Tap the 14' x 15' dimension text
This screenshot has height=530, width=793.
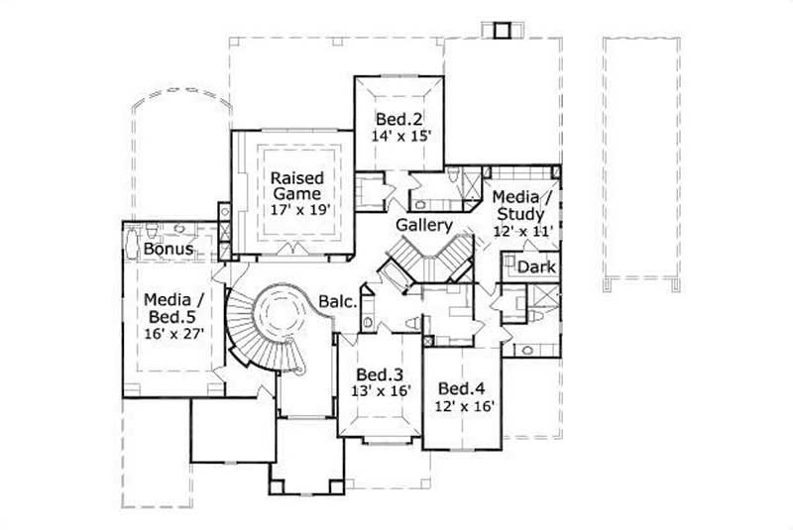tap(402, 137)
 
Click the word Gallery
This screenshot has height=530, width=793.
tap(424, 225)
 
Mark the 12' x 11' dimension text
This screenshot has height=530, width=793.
tap(522, 230)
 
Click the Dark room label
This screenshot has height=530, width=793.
tap(536, 267)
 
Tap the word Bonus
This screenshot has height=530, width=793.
tap(168, 249)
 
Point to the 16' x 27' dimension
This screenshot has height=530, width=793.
tap(175, 334)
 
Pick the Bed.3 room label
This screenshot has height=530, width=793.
tap(378, 375)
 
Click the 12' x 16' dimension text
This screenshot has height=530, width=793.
tap(463, 405)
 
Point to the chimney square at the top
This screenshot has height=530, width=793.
tap(501, 28)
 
